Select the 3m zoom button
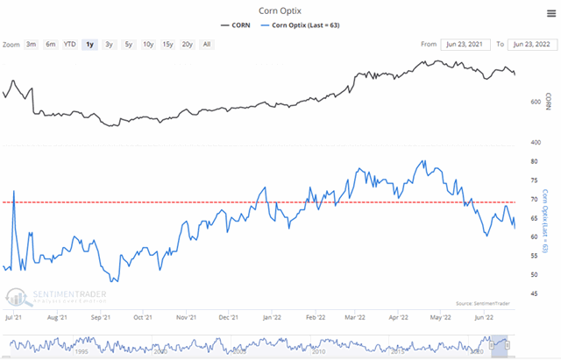32,43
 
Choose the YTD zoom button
69,43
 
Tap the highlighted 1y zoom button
89,43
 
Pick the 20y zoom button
186,43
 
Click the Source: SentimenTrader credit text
483,302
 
